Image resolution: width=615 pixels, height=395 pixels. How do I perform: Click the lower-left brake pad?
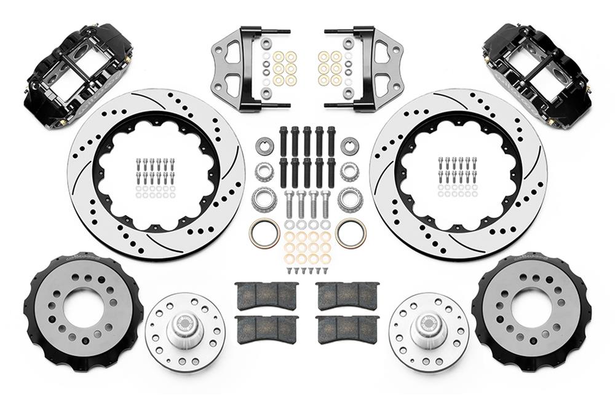(x=266, y=329)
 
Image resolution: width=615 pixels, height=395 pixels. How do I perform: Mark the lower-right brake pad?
(x=346, y=329)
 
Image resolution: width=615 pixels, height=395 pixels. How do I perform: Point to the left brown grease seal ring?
(x=264, y=232)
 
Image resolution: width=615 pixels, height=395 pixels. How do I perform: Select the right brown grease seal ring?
(x=351, y=232)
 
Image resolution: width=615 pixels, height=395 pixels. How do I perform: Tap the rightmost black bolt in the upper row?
(x=331, y=139)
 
